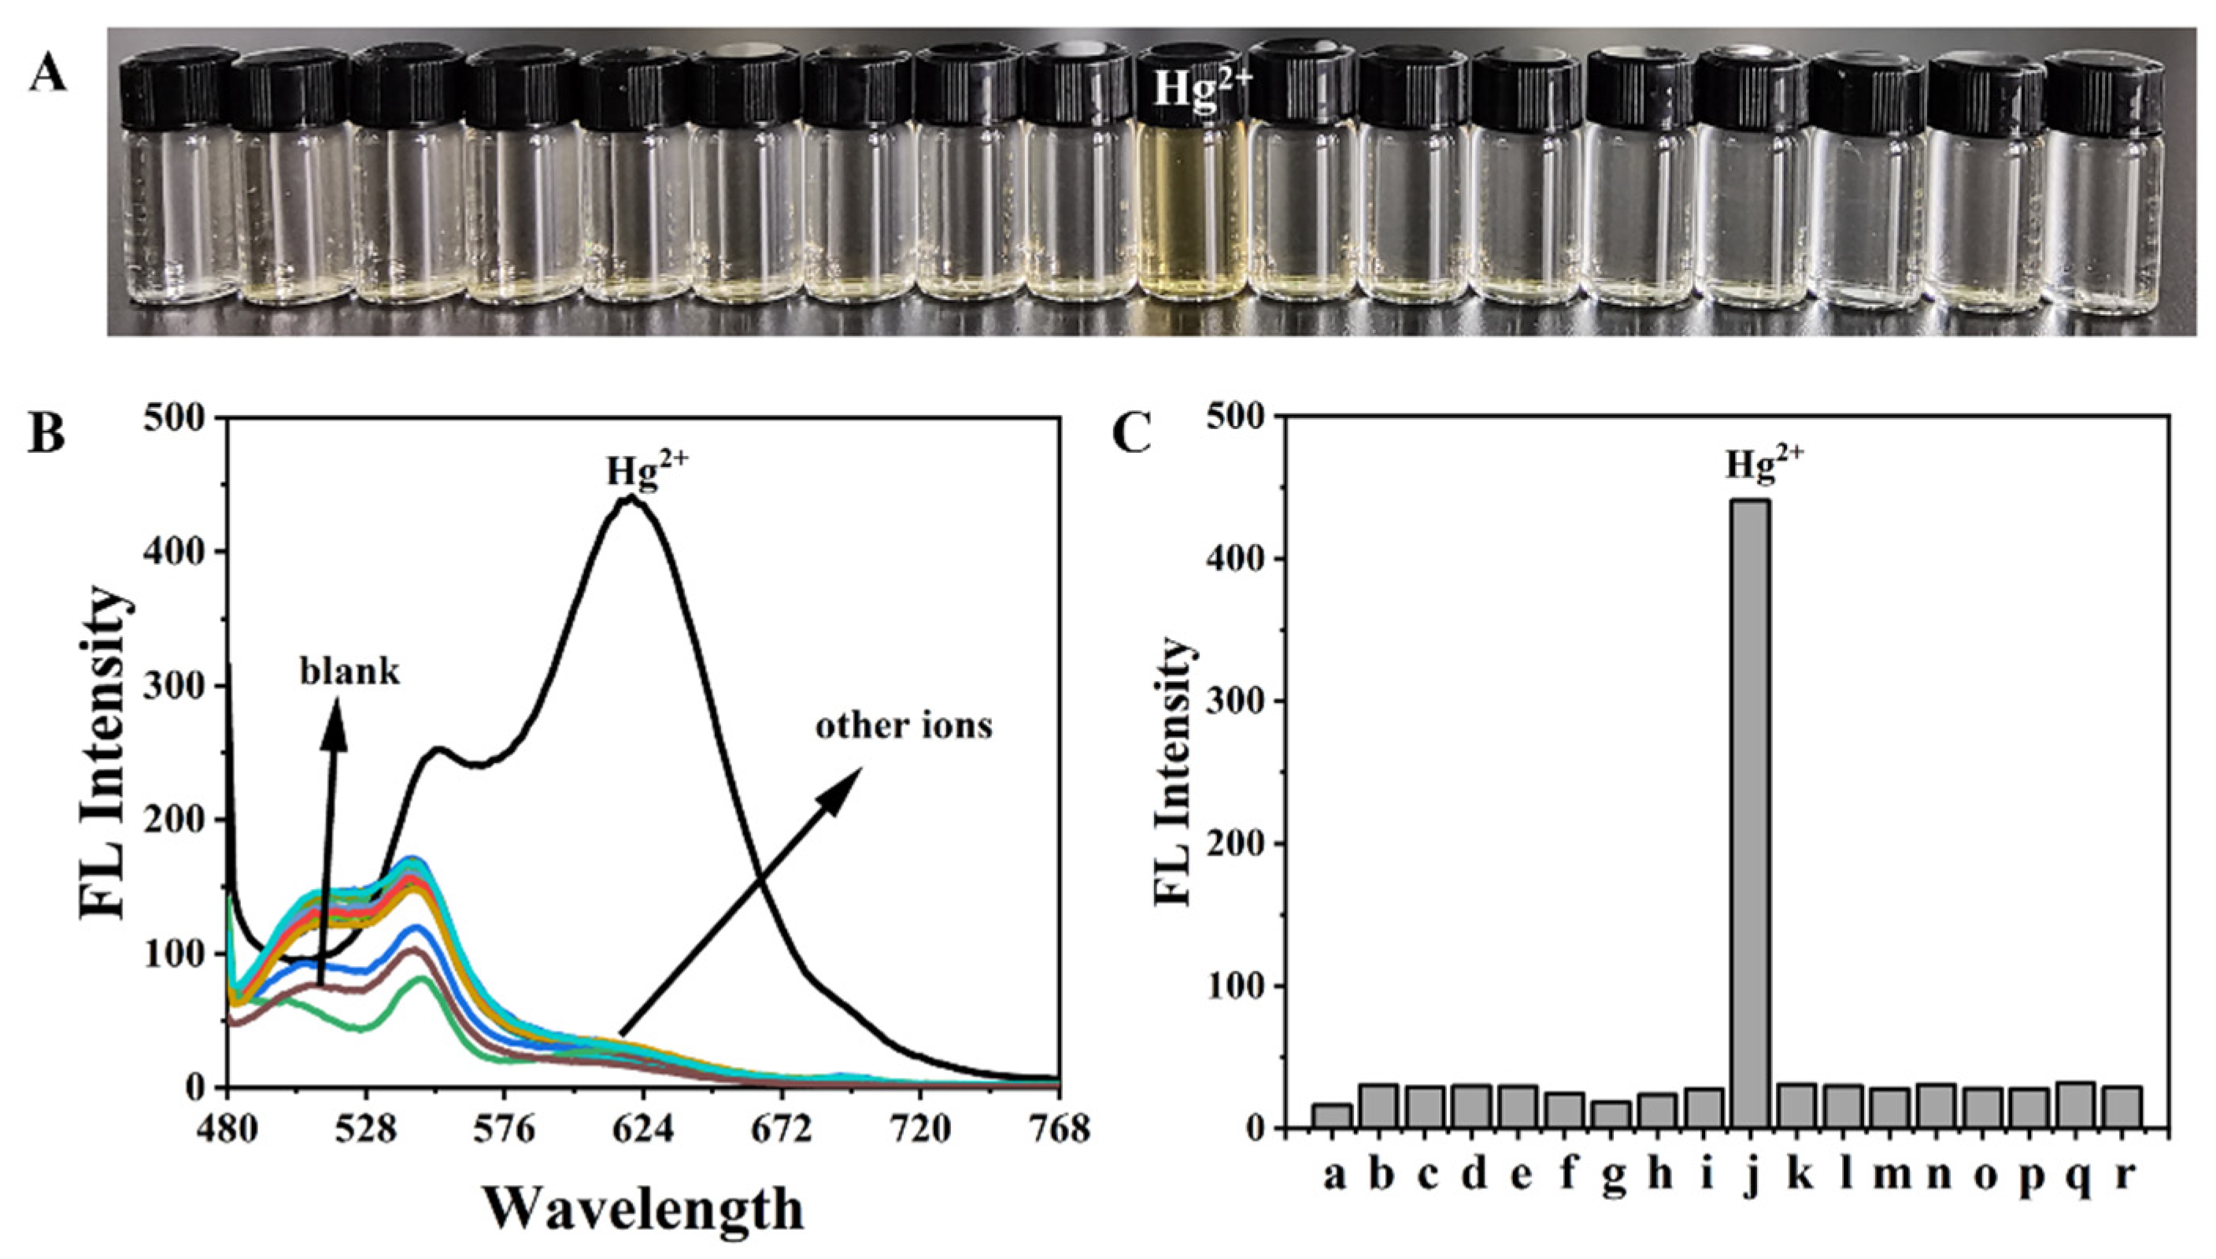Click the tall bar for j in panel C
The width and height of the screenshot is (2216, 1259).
(x=1750, y=813)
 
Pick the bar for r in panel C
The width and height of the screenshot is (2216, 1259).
(x=2122, y=1110)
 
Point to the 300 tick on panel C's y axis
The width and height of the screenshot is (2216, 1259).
(x=1234, y=702)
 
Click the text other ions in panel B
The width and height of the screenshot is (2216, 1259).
(x=904, y=725)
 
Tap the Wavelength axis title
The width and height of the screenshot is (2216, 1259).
(x=643, y=1208)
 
